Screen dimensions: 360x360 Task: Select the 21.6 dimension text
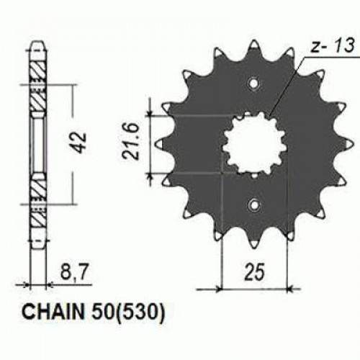[x=131, y=143]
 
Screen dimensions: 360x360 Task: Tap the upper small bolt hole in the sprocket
[x=253, y=85]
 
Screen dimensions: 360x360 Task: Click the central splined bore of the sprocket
[x=253, y=144]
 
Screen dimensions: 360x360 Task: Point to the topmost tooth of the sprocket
[x=253, y=45]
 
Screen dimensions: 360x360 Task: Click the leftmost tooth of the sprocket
[x=164, y=144]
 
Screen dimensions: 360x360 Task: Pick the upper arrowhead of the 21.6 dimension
[x=149, y=115]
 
